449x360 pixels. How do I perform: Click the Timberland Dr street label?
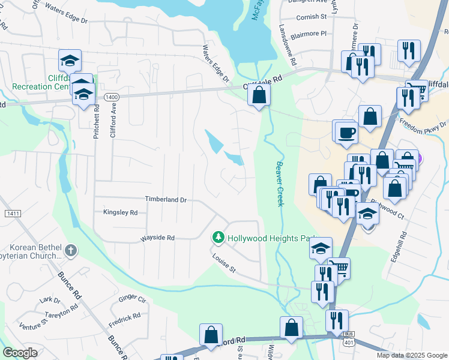click(166, 199)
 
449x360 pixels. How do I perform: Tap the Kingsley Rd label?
click(120, 212)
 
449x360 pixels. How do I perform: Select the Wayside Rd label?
click(157, 238)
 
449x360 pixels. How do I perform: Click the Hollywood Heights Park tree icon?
click(218, 238)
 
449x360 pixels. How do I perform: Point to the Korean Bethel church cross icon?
click(70, 250)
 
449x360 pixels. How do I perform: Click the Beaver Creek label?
click(279, 183)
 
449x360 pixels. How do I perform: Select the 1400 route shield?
click(111, 97)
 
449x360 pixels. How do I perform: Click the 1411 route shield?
click(12, 214)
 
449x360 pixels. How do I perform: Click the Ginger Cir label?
click(132, 298)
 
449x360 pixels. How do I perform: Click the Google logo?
click(19, 353)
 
